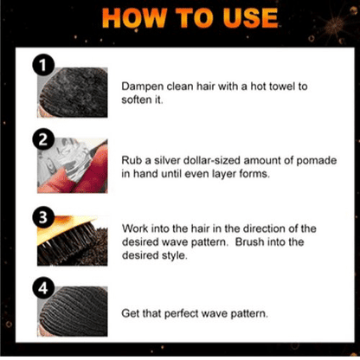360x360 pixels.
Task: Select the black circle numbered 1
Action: pyautogui.click(x=43, y=66)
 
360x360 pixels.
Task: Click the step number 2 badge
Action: pyautogui.click(x=43, y=139)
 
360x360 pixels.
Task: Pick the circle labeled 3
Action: pyautogui.click(x=43, y=217)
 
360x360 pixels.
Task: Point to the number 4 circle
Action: pyautogui.click(x=43, y=288)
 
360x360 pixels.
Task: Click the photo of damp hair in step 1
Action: pyautogui.click(x=73, y=93)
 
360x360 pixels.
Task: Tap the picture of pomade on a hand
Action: pyautogui.click(x=73, y=165)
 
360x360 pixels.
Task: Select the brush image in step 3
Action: pyautogui.click(x=73, y=241)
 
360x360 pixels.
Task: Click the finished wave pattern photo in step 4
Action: pyautogui.click(x=73, y=312)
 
